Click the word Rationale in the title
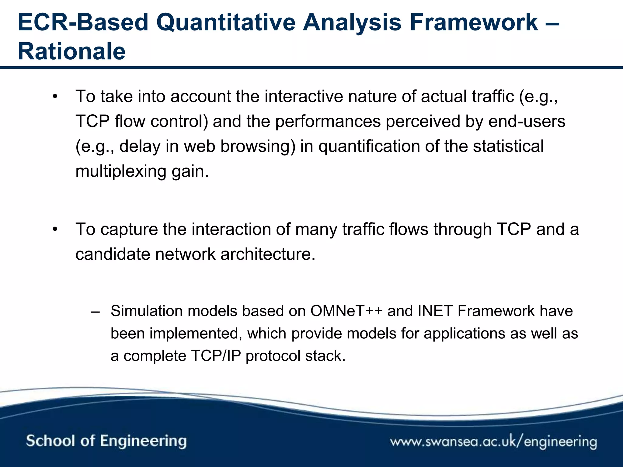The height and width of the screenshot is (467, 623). click(x=71, y=51)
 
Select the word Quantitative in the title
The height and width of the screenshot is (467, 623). click(x=226, y=22)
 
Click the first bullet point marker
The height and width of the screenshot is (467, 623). click(x=55, y=97)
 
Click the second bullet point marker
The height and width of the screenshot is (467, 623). click(x=55, y=230)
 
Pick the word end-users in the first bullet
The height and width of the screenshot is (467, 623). click(x=527, y=121)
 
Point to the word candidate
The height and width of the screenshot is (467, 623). click(x=113, y=254)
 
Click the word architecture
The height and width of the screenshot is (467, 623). click(x=268, y=254)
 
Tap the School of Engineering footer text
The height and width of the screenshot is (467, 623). click(x=106, y=441)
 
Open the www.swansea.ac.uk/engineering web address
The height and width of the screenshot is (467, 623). click(x=493, y=441)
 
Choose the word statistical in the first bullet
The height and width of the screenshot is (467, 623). click(x=508, y=146)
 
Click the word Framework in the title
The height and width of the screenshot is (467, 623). click(x=474, y=22)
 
